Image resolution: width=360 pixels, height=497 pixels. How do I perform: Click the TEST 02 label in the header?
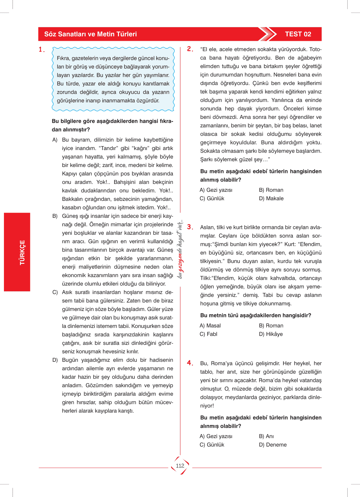click(298, 34)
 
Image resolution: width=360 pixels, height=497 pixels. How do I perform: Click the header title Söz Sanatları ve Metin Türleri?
click(91, 34)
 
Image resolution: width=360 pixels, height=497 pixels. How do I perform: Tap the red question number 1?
click(41, 50)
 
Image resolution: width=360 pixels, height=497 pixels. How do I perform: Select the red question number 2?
click(190, 49)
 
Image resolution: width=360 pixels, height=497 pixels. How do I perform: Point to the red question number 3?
click(190, 227)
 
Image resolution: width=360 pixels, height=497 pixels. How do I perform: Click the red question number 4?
click(190, 363)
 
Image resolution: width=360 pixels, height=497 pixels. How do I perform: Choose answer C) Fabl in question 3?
click(209, 334)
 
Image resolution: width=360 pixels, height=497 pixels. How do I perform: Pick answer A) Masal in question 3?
click(210, 325)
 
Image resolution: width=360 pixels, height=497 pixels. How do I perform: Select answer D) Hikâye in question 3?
click(271, 334)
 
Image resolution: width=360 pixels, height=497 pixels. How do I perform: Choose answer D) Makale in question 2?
click(271, 198)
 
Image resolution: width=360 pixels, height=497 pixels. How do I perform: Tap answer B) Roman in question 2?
click(271, 190)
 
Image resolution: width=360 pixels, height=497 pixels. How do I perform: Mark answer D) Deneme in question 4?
click(272, 445)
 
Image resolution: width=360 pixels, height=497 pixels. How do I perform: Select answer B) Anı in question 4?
click(266, 436)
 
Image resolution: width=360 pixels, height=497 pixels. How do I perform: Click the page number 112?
click(180, 466)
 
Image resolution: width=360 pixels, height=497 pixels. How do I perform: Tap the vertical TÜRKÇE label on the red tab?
click(22, 253)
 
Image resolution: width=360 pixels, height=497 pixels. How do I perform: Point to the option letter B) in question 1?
click(55, 216)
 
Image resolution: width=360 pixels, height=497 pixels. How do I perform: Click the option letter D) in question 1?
click(55, 360)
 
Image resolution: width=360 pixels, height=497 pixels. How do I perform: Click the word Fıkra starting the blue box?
click(63, 58)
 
